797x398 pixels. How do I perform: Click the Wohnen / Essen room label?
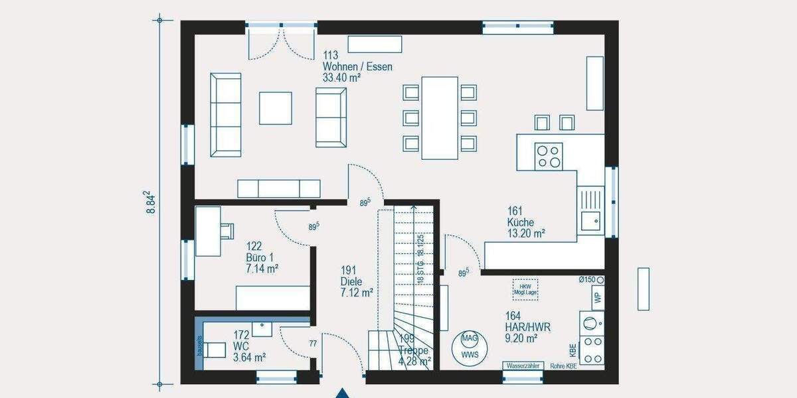coord(357,66)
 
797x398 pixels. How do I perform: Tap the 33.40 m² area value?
coord(341,78)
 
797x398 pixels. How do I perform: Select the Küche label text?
coord(521,223)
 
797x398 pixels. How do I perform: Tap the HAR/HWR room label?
coord(527,327)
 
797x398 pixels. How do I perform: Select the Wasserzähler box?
coord(524,366)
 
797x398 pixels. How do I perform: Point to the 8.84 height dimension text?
coord(152,202)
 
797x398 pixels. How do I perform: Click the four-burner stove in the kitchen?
coord(549,156)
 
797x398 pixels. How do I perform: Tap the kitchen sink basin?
coord(590,220)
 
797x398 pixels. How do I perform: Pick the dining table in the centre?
coord(440,118)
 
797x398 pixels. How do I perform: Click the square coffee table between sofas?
coord(275,108)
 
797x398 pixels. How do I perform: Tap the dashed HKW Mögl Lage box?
coord(525,289)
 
